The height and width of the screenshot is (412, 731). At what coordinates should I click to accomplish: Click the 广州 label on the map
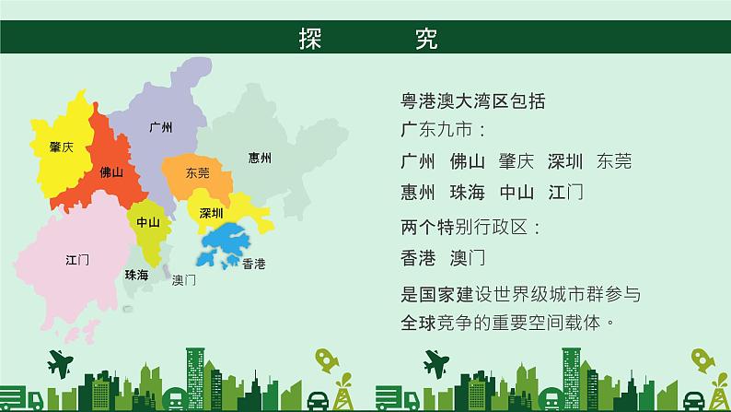pyautogui.click(x=161, y=127)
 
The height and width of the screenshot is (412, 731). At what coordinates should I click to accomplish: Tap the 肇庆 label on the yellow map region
pyautogui.click(x=62, y=147)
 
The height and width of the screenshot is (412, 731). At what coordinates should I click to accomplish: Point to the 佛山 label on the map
pyautogui.click(x=111, y=172)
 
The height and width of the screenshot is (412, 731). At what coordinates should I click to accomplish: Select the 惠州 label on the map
pyautogui.click(x=260, y=158)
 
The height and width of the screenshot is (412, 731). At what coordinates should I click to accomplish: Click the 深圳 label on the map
pyautogui.click(x=211, y=213)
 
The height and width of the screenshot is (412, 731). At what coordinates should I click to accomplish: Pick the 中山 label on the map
pyautogui.click(x=148, y=222)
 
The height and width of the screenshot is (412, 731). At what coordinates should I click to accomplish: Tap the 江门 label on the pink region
pyautogui.click(x=77, y=260)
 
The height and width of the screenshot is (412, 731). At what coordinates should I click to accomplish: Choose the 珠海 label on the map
pyautogui.click(x=136, y=275)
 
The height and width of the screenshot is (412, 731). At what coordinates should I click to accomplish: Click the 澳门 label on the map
pyautogui.click(x=184, y=280)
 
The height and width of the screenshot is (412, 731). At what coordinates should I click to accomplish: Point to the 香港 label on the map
pyautogui.click(x=254, y=265)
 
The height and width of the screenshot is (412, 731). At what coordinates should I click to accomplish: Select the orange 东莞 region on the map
pyautogui.click(x=198, y=176)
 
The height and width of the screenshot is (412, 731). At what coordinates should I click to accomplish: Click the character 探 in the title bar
pyautogui.click(x=310, y=39)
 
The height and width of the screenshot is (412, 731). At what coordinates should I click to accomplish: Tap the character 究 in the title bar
pyautogui.click(x=426, y=39)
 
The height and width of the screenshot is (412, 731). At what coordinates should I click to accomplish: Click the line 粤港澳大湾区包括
pyautogui.click(x=473, y=101)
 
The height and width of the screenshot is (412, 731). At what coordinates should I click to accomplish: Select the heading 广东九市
pyautogui.click(x=436, y=129)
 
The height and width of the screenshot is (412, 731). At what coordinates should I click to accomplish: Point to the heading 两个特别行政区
pyautogui.click(x=464, y=228)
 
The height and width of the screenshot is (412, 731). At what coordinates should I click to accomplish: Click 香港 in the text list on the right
pyautogui.click(x=418, y=257)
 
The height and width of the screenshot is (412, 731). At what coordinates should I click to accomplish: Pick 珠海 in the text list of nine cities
pyautogui.click(x=468, y=193)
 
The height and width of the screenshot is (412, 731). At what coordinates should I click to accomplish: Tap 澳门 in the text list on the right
pyautogui.click(x=468, y=257)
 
